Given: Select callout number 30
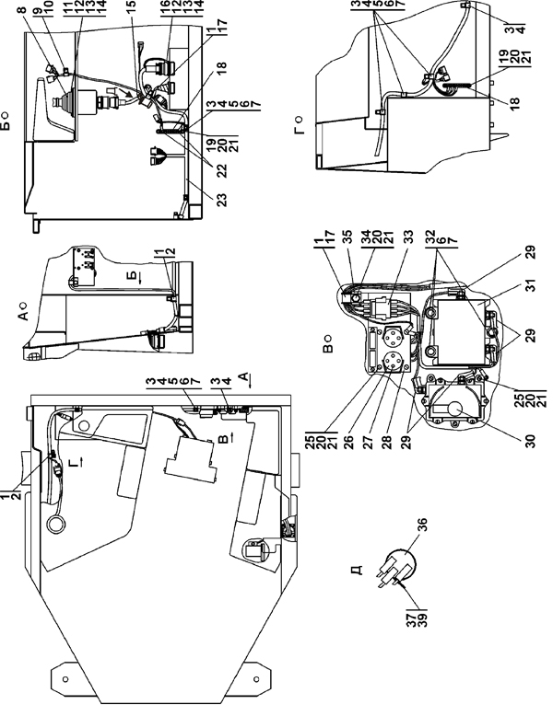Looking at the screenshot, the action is [530, 440].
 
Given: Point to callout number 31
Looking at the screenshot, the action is [530, 285].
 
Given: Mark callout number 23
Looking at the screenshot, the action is [222, 200].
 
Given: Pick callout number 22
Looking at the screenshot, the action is [222, 171].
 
